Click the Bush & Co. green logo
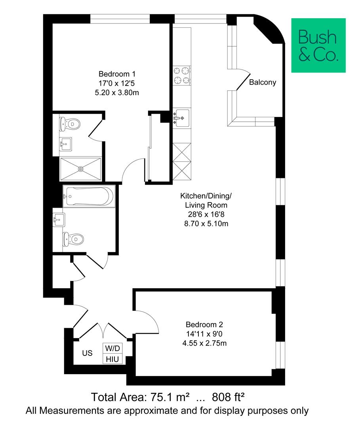318,45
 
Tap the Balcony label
263,83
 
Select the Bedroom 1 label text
117,74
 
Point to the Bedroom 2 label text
204,323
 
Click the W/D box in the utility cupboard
113,348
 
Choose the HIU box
113,359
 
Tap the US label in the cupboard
87,353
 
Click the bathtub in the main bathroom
89,196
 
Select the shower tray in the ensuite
81,169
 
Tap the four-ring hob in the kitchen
181,75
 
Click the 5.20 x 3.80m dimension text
117,93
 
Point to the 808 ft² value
230,397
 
